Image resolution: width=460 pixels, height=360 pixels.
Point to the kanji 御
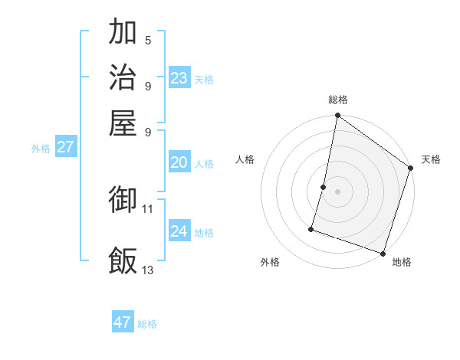point(123,201)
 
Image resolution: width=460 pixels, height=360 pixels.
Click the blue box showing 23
point(179,78)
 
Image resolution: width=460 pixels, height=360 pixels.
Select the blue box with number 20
point(179,162)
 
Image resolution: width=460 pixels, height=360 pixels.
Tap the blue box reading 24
point(179,231)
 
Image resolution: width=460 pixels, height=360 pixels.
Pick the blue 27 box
point(66,147)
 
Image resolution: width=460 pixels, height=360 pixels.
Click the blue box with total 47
point(123,322)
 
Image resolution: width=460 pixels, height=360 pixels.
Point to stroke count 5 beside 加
point(148,41)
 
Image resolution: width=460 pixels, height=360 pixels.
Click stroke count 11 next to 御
point(148,208)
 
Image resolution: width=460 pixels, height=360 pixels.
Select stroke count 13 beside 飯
point(148,270)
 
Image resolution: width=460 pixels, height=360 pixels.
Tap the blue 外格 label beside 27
point(41,149)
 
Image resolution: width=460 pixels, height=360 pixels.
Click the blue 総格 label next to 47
point(148,324)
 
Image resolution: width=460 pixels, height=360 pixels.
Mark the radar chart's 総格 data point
point(337,116)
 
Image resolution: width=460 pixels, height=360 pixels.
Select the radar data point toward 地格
point(383,253)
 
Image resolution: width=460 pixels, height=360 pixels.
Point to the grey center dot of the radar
point(337,191)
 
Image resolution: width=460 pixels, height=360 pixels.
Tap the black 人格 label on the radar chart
point(245,159)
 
